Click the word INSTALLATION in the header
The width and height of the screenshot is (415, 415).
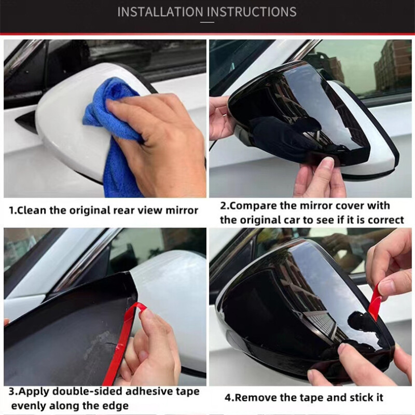point(160,12)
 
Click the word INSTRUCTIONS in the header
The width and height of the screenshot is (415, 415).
point(252,12)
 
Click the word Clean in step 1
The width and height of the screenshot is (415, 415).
point(32,211)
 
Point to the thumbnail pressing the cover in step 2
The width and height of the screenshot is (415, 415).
point(329,161)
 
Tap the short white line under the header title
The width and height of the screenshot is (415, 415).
point(207,22)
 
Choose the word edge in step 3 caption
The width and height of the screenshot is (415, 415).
point(116,406)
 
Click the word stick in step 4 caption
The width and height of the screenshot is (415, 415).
point(360,398)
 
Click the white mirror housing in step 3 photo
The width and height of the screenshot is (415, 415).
point(170,305)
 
